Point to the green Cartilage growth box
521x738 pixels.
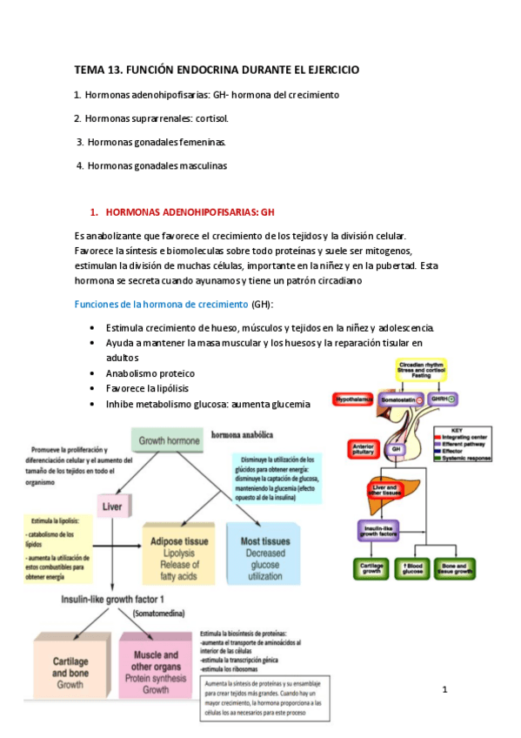(371, 568)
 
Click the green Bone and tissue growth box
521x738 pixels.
(457, 568)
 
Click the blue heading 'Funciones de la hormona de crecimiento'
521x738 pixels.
(161, 304)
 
